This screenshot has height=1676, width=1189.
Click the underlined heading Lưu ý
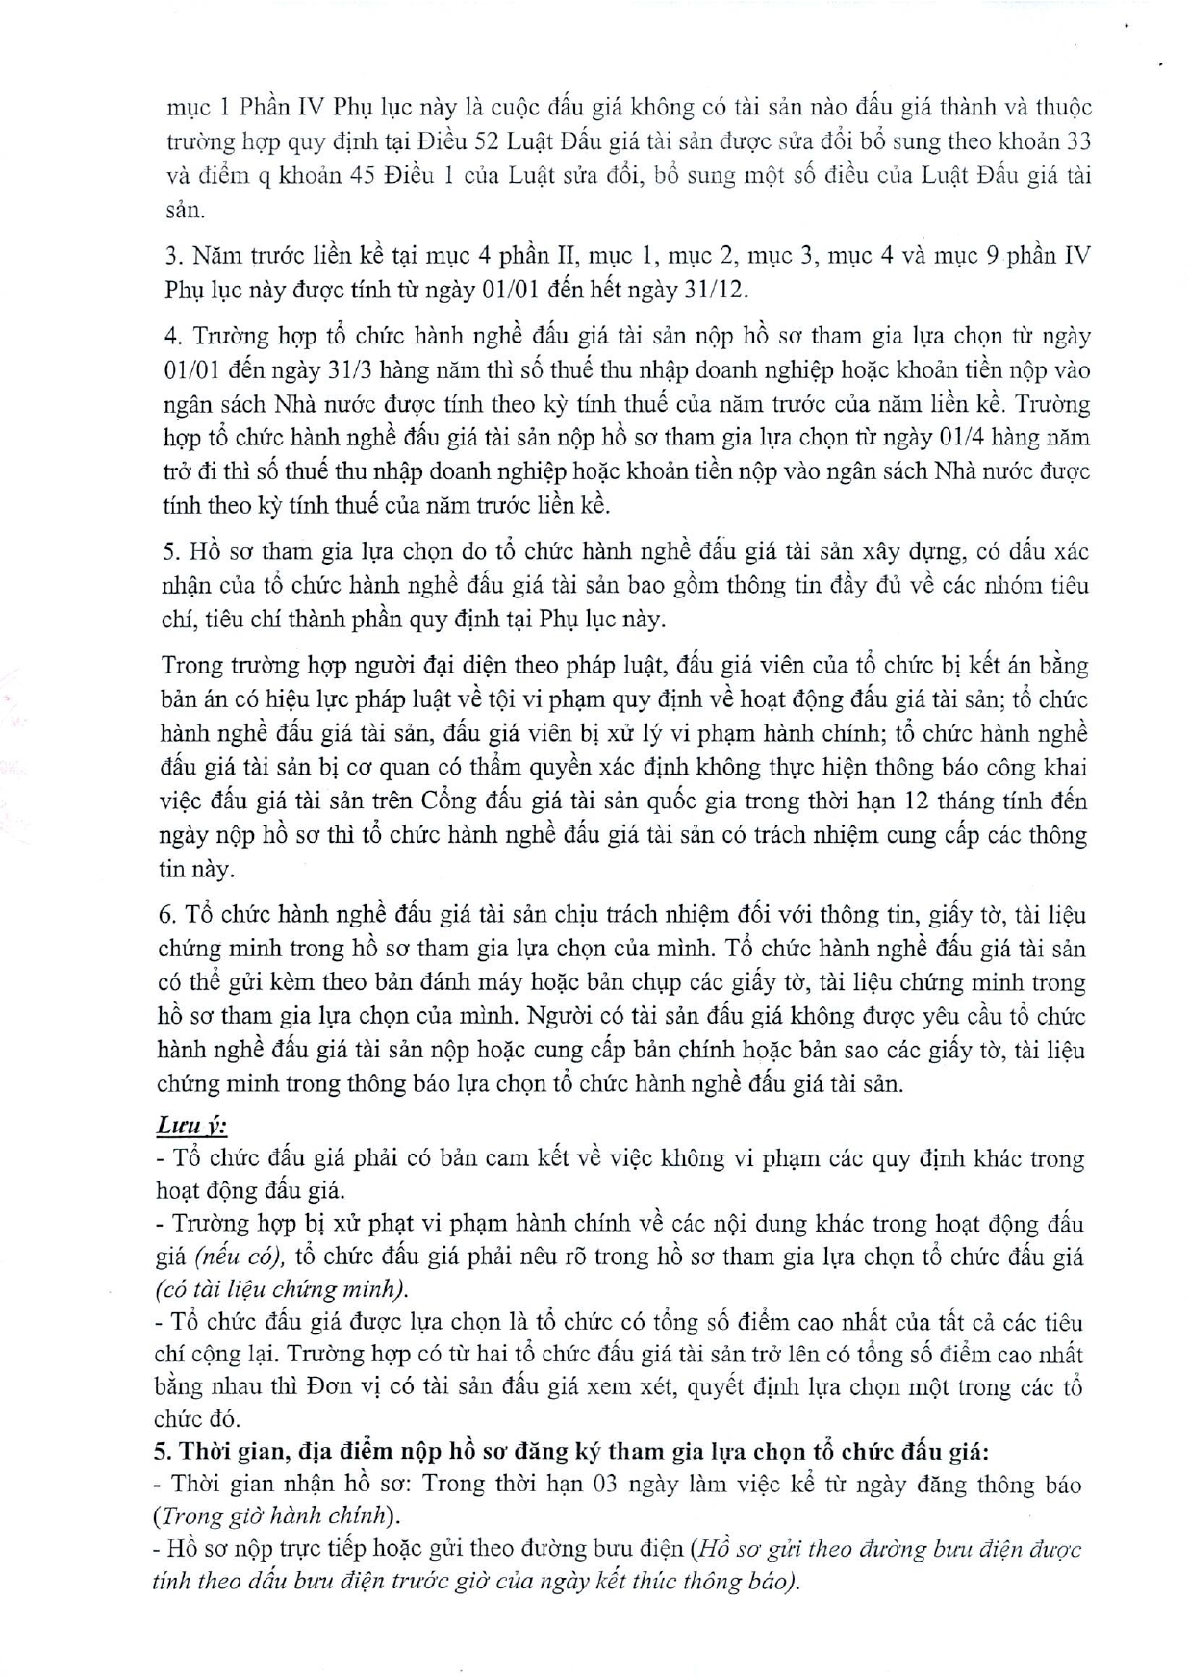pos(191,1125)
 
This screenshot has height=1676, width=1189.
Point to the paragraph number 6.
pos(165,915)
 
